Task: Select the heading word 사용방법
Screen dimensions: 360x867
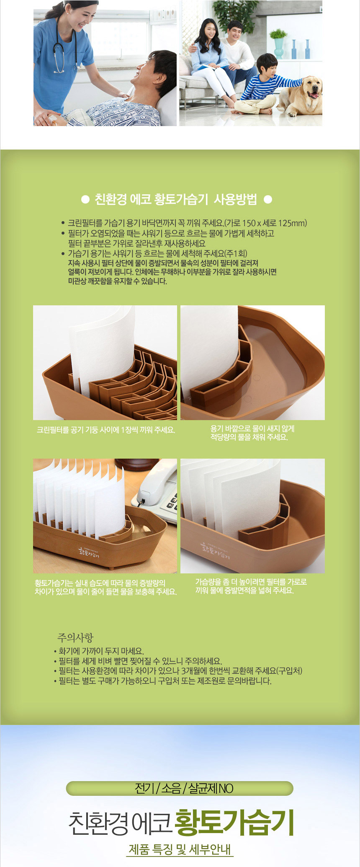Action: point(235,199)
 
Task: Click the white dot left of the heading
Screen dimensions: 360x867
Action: point(85,200)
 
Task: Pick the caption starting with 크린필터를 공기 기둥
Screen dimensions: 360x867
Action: point(106,430)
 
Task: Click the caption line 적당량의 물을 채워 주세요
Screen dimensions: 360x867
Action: point(249,437)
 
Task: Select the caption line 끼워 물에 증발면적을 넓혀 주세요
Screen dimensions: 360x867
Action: point(244,591)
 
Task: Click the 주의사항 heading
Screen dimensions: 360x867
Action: point(75,637)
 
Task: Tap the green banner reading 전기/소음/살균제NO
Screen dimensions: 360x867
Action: point(180,788)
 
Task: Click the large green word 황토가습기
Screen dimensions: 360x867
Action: point(234,822)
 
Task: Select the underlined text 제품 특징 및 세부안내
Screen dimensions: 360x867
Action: point(180,849)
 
